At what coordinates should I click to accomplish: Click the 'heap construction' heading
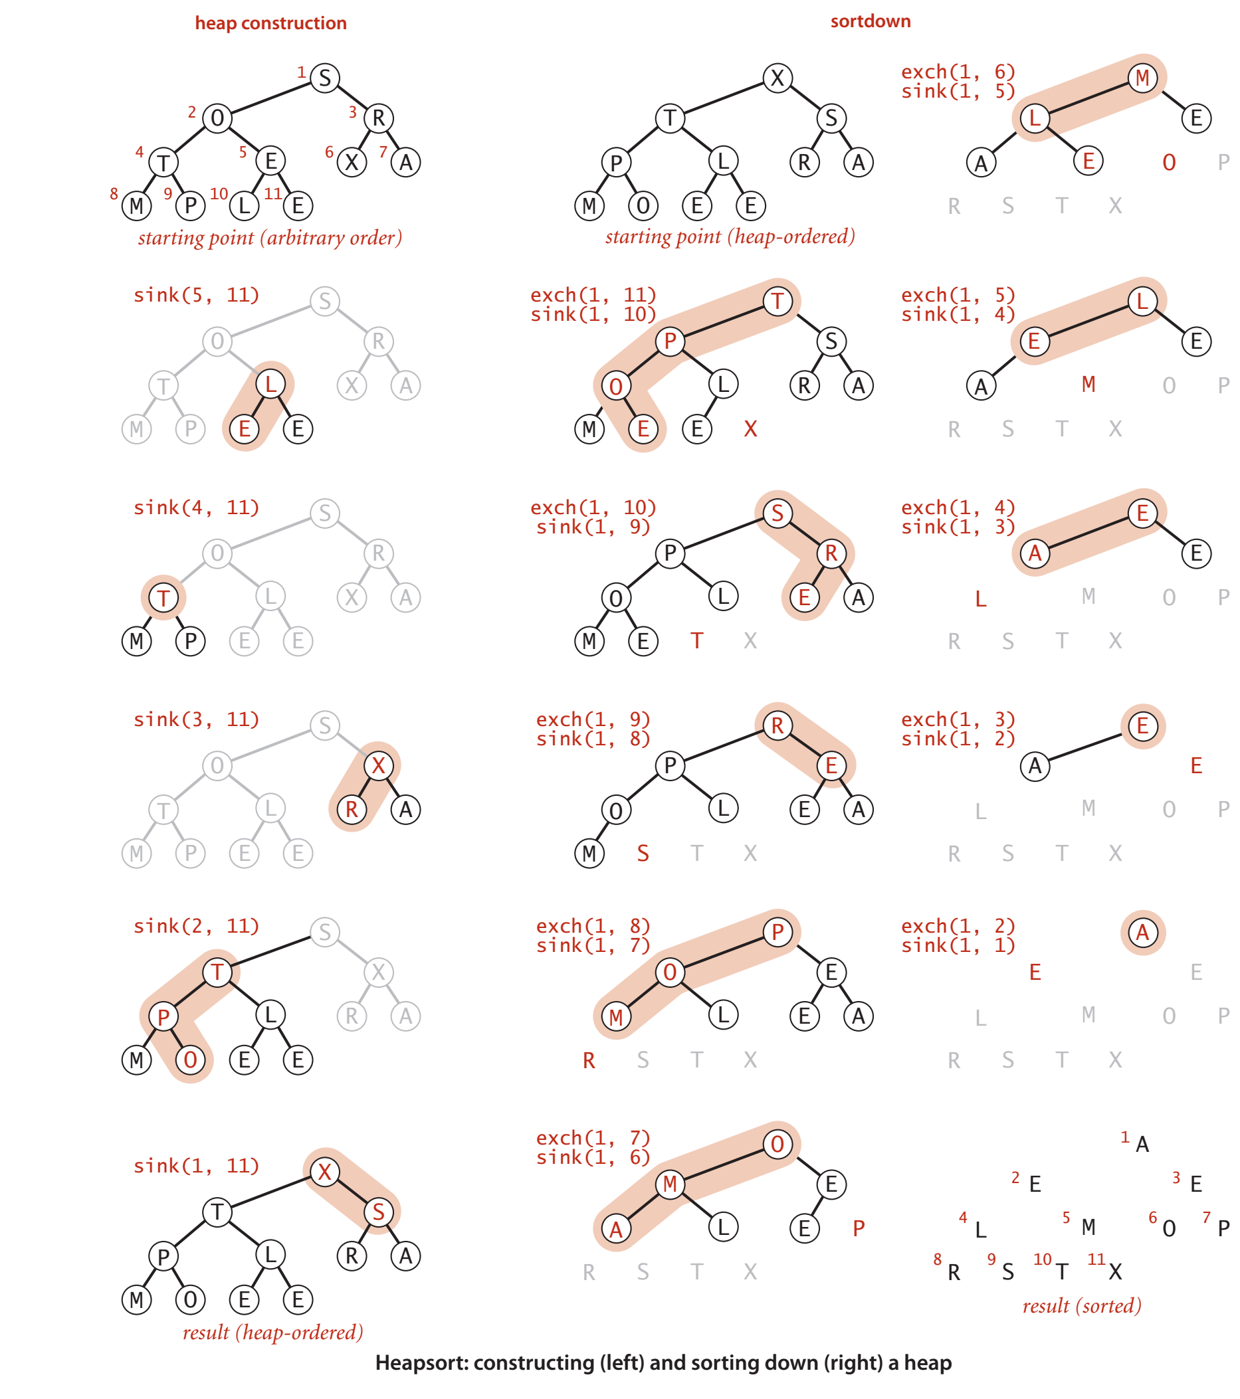tap(270, 23)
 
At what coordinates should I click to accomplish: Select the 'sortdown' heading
tap(871, 21)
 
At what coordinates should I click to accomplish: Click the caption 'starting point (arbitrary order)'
tap(270, 238)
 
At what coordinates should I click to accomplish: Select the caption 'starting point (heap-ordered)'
tap(730, 236)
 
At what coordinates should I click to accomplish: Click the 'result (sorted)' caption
tap(1082, 1305)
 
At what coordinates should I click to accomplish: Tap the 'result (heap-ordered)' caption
tap(272, 1332)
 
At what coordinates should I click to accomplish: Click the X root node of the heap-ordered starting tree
tap(777, 77)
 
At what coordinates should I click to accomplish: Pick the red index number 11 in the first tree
tap(272, 194)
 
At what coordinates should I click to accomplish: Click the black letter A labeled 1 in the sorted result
tap(1142, 1145)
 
